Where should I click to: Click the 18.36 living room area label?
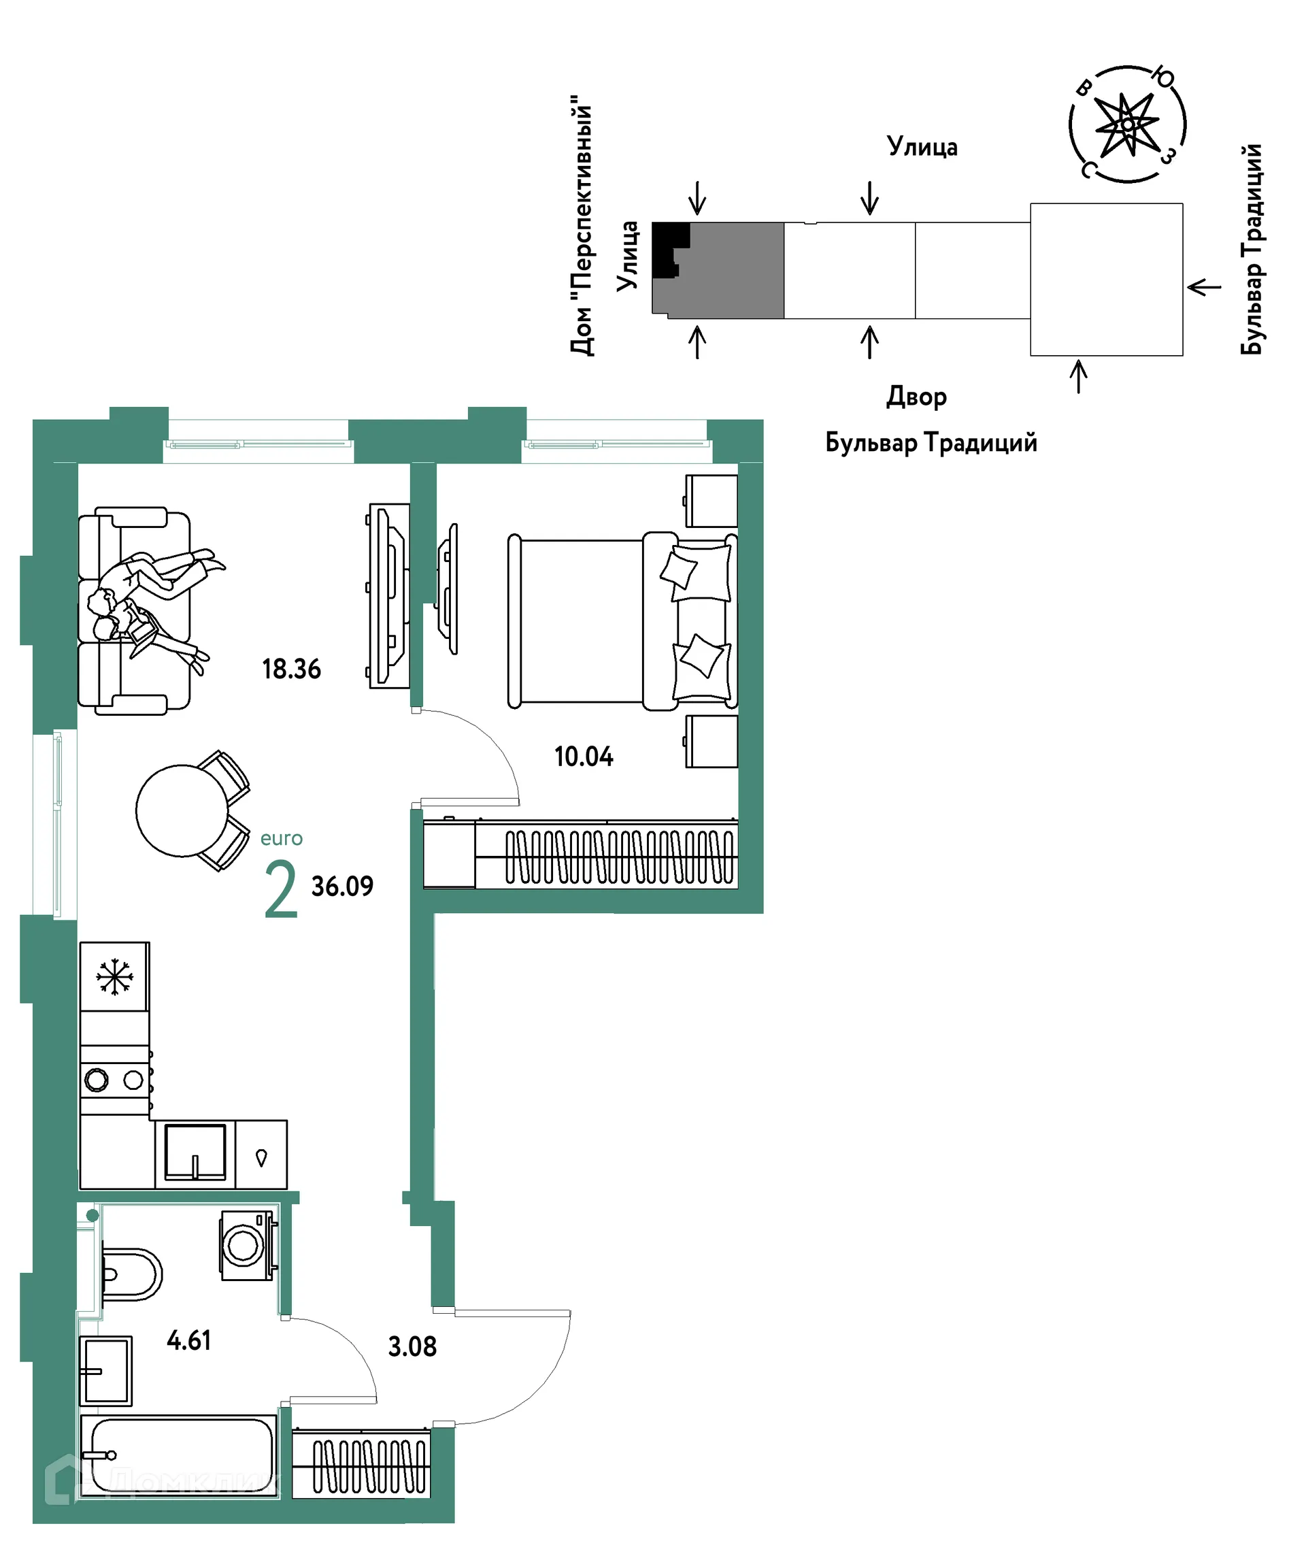click(x=291, y=669)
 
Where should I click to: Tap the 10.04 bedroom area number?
click(x=584, y=756)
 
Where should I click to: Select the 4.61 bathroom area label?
click(x=189, y=1340)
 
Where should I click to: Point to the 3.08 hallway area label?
click(x=412, y=1346)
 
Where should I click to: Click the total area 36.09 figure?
click(x=342, y=886)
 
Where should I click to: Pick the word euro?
click(x=282, y=838)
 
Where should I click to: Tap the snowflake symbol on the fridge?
click(x=114, y=978)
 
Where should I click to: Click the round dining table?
click(x=182, y=811)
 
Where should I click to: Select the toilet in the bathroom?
click(x=131, y=1274)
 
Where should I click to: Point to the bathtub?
click(x=178, y=1456)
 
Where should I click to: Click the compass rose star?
click(x=1127, y=124)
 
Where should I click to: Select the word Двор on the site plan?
click(x=916, y=397)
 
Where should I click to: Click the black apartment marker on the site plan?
click(x=669, y=250)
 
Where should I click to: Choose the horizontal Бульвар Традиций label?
click(x=931, y=443)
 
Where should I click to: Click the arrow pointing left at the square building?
click(x=1205, y=286)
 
